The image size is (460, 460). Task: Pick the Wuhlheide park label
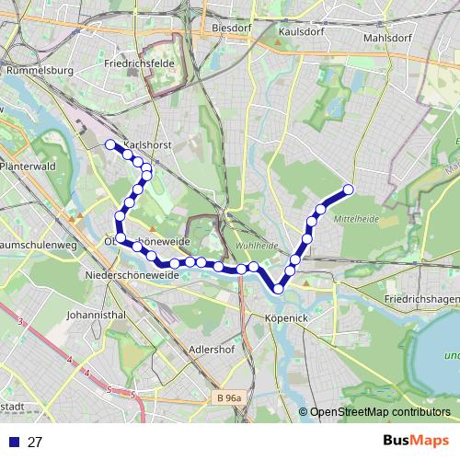257,247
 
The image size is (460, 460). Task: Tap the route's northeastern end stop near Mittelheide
349,190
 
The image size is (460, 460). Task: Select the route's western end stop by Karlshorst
110,144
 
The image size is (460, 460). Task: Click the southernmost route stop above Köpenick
278,289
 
